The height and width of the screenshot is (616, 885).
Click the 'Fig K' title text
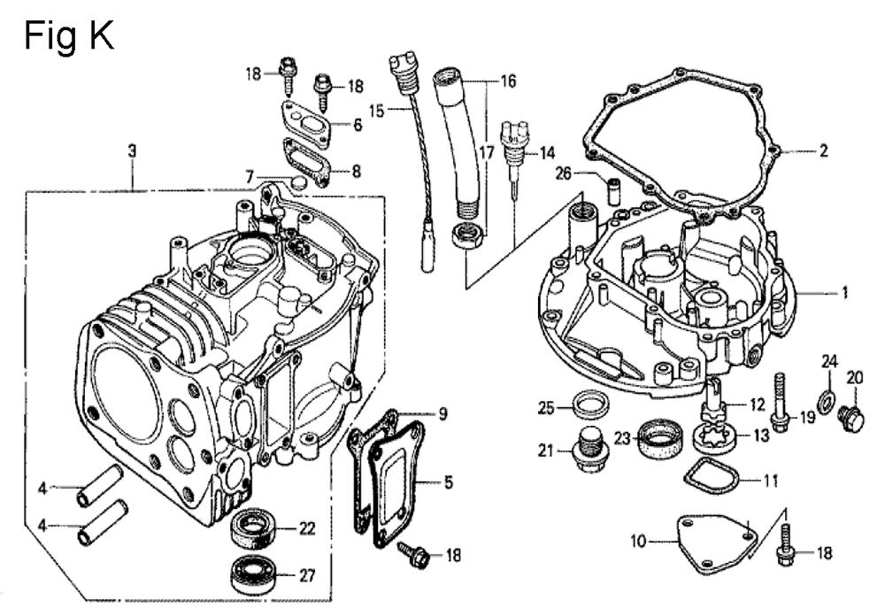coord(68,36)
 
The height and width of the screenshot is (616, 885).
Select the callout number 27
coord(306,575)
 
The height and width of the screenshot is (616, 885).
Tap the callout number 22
coord(306,529)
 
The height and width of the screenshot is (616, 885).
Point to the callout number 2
coord(823,151)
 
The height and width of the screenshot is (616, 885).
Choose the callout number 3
coord(132,151)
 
